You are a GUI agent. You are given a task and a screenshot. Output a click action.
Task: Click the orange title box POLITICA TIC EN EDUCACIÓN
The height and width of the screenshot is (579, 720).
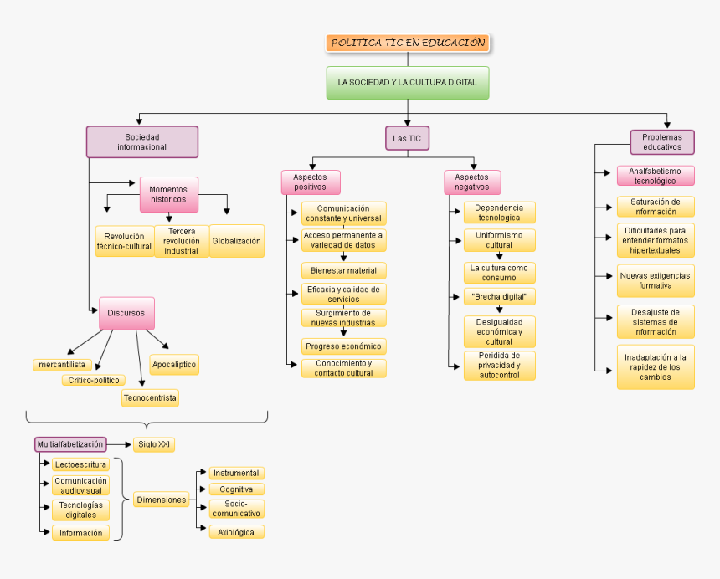[x=408, y=43]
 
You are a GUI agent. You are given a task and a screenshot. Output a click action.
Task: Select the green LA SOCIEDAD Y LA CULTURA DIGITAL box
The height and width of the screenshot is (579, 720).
[x=408, y=83]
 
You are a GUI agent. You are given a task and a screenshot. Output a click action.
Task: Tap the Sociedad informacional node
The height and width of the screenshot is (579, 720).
[x=142, y=141]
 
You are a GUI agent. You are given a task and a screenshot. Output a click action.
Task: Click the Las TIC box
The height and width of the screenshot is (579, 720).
[x=408, y=138]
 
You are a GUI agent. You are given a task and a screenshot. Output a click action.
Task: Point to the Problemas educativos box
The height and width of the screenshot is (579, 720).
[x=662, y=141]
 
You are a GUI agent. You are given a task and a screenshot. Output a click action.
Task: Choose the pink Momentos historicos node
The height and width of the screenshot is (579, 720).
[x=168, y=194]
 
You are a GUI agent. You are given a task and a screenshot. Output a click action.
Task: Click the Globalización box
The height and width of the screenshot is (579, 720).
[x=237, y=241]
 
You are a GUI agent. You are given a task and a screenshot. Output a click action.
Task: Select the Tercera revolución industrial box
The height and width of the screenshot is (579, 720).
[x=182, y=241]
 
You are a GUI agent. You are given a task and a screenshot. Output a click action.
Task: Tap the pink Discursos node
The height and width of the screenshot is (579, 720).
[x=126, y=313]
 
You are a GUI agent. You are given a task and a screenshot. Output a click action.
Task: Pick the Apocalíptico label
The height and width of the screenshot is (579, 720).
[x=174, y=364]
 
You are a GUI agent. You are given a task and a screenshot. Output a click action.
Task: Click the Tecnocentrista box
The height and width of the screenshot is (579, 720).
[x=150, y=398]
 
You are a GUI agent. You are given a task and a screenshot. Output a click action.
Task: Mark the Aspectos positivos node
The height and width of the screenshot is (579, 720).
[x=310, y=182]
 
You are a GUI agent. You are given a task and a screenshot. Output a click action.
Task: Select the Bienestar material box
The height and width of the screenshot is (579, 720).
[x=343, y=270]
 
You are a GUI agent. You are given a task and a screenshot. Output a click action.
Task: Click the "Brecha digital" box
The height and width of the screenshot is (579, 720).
[x=499, y=296]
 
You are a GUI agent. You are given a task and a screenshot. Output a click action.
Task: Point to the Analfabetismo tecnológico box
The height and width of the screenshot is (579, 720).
[x=656, y=176]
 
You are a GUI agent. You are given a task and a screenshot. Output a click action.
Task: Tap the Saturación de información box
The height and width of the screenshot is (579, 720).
[x=656, y=207]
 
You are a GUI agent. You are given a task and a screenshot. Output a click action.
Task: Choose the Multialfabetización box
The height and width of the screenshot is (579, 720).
[x=70, y=444]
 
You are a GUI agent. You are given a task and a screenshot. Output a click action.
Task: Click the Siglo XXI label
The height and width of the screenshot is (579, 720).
[x=154, y=444]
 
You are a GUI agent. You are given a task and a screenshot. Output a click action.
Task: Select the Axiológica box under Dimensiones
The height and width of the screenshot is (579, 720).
[x=236, y=532]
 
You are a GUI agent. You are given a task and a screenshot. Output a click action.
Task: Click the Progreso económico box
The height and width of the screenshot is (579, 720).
[x=343, y=346]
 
